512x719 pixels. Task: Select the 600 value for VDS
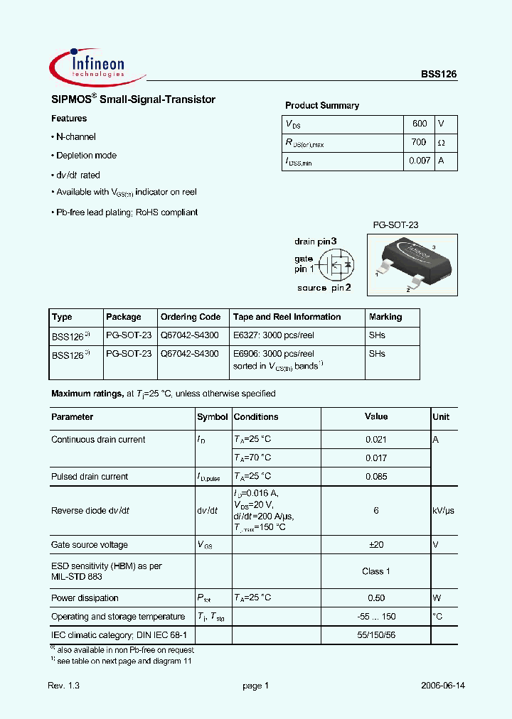420,124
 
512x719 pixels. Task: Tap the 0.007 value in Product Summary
420,161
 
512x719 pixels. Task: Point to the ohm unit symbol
442,143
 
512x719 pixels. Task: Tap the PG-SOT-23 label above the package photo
396,225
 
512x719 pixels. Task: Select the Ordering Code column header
191,317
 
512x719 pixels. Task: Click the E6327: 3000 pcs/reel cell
274,335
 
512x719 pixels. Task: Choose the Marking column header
385,317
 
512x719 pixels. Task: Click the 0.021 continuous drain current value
375,440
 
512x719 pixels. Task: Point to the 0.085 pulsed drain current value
375,477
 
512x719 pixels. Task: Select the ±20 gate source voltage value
376,545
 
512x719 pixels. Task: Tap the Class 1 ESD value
376,571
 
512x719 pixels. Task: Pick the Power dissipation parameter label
85,598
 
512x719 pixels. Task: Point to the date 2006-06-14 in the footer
442,686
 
